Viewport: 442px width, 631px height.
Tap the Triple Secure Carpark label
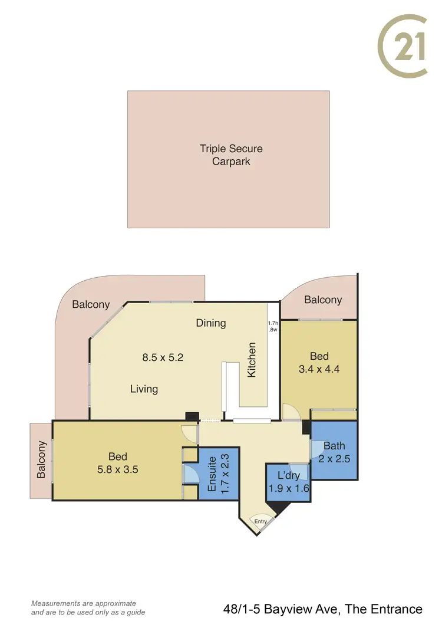click(x=230, y=155)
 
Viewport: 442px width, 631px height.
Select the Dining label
click(x=211, y=323)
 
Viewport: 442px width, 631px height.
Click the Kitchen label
click(x=252, y=360)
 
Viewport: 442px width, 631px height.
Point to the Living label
click(x=144, y=389)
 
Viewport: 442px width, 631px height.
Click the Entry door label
click(x=260, y=521)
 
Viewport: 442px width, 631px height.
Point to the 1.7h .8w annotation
click(x=272, y=327)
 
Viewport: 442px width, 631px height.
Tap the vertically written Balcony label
click(x=41, y=459)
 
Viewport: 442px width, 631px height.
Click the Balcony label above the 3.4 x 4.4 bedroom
click(x=322, y=300)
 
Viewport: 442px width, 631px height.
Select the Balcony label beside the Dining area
click(x=91, y=304)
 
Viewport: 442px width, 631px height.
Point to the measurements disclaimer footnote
click(x=88, y=608)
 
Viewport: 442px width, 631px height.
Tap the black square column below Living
click(x=192, y=416)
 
